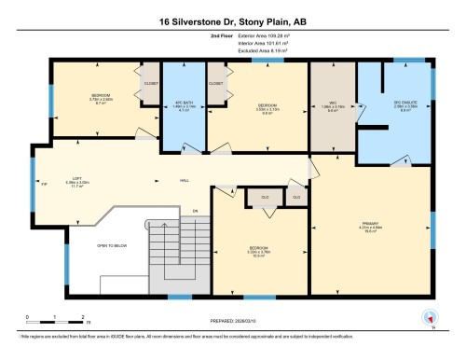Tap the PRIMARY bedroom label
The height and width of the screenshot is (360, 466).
coord(372,225)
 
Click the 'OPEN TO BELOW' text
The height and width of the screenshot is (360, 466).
coord(113,244)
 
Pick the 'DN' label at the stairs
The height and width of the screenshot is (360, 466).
coord(196,212)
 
